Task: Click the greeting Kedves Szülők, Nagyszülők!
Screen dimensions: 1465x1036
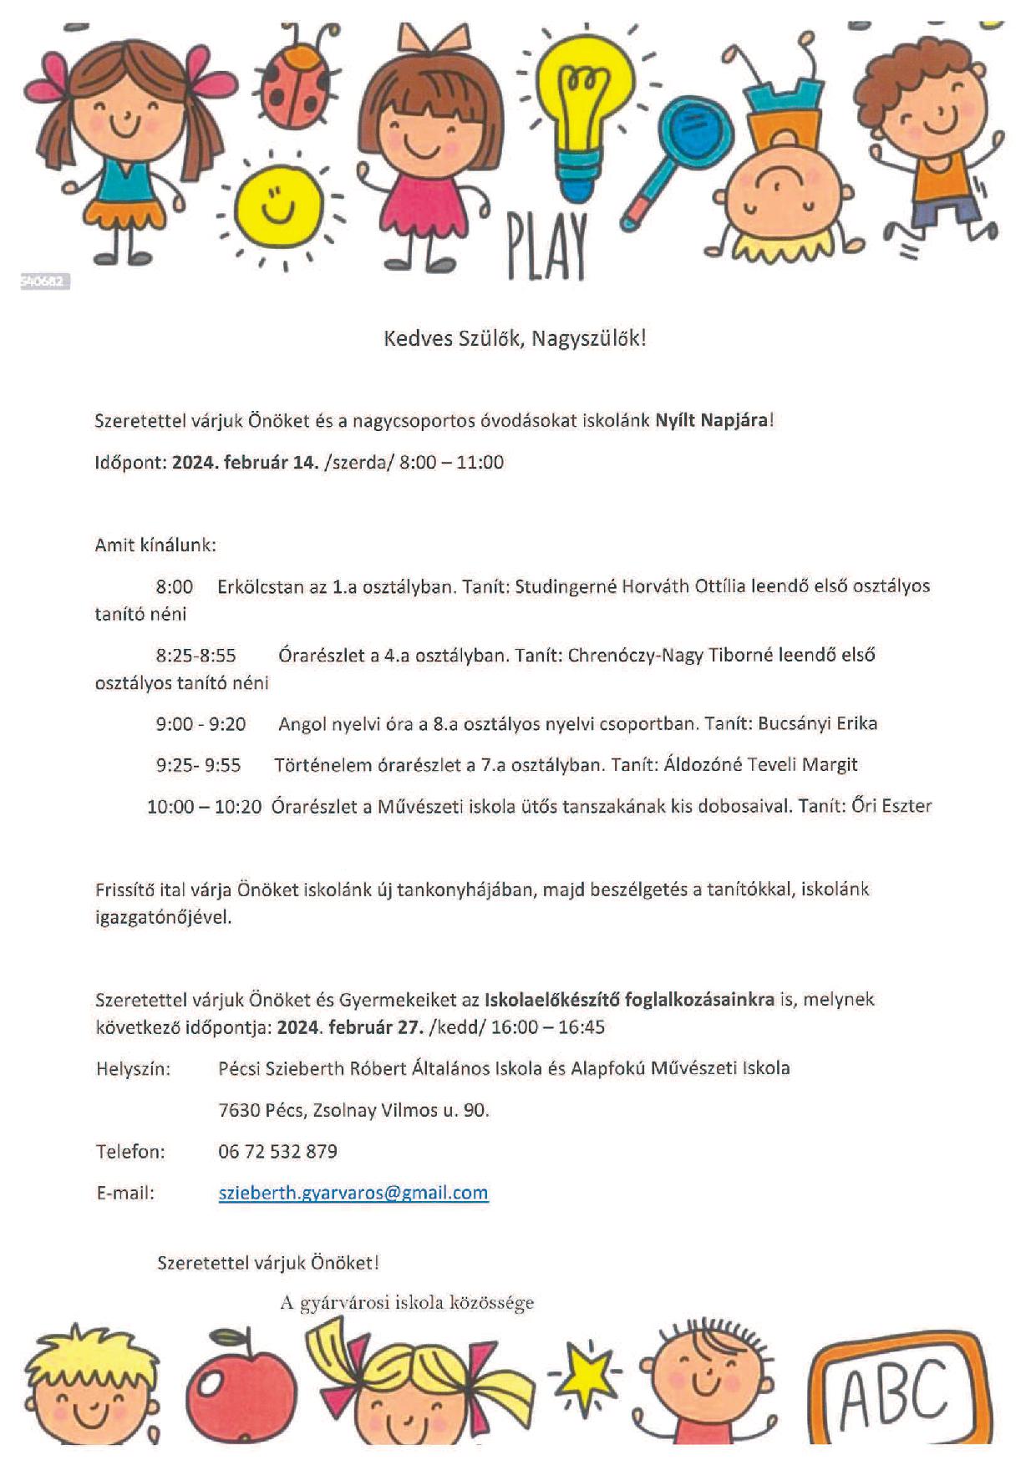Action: (515, 338)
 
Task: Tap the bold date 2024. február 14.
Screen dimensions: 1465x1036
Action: (245, 462)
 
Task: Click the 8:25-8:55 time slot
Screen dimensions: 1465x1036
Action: (196, 656)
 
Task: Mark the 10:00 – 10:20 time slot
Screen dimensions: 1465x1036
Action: (204, 806)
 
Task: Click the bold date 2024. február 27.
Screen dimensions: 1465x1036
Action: (350, 1027)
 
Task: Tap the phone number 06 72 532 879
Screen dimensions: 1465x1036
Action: (277, 1151)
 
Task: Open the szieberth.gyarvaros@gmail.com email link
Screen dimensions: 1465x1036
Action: (353, 1193)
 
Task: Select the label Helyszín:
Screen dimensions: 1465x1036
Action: (133, 1068)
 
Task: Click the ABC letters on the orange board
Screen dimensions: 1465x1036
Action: (894, 1394)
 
